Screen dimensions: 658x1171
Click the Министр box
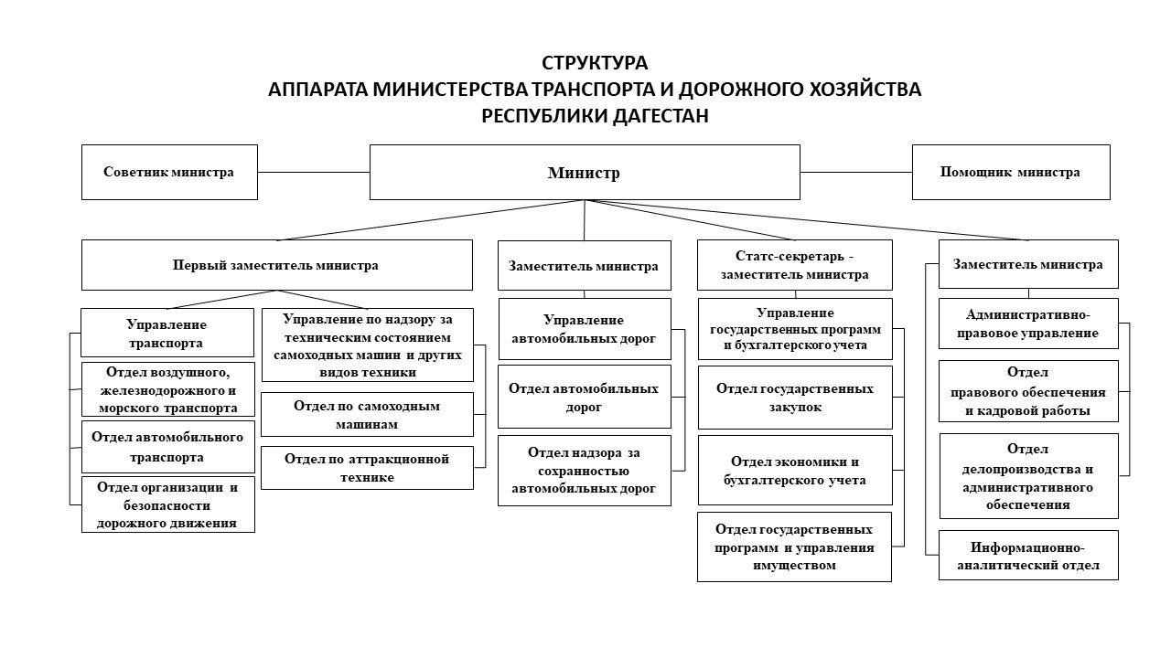pos(584,172)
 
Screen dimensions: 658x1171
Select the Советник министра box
pos(169,172)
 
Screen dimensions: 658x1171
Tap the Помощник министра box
pos(1010,172)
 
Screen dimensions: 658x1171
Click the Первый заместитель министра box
pos(276,265)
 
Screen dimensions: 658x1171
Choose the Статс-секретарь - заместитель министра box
pos(794,265)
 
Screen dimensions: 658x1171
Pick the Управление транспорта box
pos(167,333)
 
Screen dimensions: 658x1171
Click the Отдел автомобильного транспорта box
pos(167,447)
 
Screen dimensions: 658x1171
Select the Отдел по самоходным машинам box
pos(367,414)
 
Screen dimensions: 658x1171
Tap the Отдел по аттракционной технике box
pos(367,468)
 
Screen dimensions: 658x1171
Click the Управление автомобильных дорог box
pos(584,329)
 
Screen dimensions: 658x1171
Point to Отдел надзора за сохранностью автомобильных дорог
pos(584,471)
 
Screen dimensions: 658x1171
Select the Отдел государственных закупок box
pos(794,398)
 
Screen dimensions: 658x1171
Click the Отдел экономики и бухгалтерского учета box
pos(794,471)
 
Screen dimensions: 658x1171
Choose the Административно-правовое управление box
pos(1028,324)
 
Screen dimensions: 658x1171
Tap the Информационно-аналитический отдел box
pos(1028,556)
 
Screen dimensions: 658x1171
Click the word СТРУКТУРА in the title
pos(595,64)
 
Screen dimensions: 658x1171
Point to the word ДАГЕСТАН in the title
pos(653,117)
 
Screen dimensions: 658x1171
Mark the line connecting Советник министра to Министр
pos(313,172)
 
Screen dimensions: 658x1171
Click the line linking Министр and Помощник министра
pos(855,172)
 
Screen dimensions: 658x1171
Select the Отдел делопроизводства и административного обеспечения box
pos(1028,475)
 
